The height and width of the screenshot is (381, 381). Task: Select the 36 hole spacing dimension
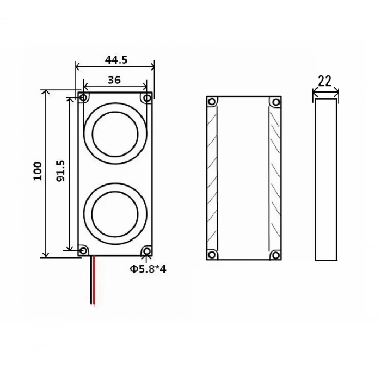point(114,79)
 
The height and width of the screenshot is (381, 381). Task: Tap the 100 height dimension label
point(38,171)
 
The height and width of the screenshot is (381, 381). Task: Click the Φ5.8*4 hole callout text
point(148,268)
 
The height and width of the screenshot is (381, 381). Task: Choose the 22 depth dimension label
point(324,81)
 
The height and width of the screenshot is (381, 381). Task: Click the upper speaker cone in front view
point(115,133)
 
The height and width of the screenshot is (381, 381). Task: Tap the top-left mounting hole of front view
point(84,98)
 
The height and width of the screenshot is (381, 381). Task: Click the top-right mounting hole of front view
point(146,98)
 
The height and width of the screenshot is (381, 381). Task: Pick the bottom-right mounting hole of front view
point(146,250)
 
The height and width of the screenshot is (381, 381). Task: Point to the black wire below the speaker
point(90,280)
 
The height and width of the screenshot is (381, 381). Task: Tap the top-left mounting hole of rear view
point(212,102)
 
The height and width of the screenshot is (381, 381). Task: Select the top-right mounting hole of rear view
point(276,102)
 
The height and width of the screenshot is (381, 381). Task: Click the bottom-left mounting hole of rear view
point(212,254)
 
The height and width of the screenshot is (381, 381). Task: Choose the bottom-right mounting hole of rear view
point(276,254)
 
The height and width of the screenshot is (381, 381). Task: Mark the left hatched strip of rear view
point(212,179)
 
